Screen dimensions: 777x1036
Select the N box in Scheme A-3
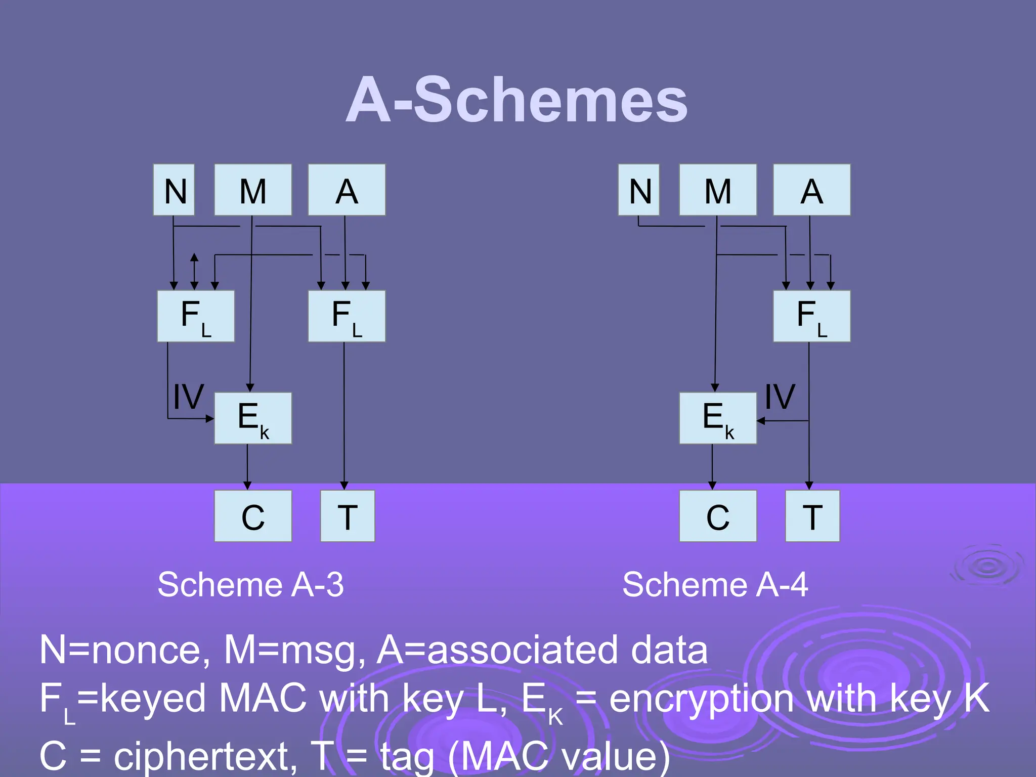(174, 190)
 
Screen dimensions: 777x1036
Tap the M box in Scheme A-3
(253, 190)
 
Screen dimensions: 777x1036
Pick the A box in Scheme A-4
(811, 190)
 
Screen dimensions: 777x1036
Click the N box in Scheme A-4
(639, 190)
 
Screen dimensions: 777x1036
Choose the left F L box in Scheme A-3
(196, 316)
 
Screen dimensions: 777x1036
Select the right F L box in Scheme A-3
(347, 316)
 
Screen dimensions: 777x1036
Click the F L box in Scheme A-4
(811, 316)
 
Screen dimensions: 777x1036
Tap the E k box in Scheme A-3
(253, 418)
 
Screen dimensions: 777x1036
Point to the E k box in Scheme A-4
(718, 418)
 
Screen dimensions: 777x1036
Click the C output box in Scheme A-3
(253, 516)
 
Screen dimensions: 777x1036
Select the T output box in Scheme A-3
(348, 516)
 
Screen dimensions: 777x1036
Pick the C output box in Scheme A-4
(718, 516)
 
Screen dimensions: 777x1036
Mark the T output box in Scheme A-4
(812, 516)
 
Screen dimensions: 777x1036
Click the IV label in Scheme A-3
(188, 397)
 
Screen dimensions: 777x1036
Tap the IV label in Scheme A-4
(780, 397)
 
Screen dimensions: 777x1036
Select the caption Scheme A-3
(250, 585)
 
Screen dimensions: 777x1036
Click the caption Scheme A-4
(715, 585)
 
